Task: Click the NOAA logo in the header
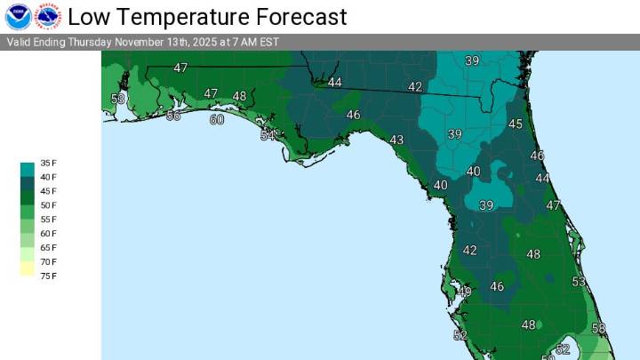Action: (18, 16)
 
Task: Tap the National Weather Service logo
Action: (47, 16)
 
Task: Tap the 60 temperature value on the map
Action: (217, 119)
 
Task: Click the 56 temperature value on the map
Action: (173, 116)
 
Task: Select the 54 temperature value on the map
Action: (268, 135)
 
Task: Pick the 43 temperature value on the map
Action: (396, 140)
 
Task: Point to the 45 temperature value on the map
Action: (516, 124)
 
